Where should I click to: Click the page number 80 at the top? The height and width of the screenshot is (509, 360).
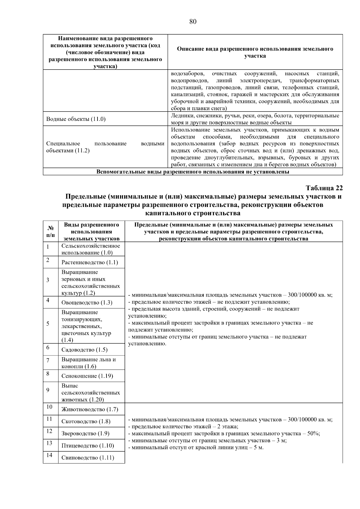(x=193, y=22)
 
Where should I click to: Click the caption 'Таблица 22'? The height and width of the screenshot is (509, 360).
(x=324, y=188)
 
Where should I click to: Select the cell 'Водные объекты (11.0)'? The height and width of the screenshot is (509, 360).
(x=76, y=119)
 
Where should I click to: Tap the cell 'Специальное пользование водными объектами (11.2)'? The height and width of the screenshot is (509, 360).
(x=105, y=147)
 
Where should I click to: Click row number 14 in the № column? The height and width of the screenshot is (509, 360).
(x=49, y=455)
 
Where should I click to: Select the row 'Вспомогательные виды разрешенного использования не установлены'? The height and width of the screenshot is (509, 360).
(x=193, y=172)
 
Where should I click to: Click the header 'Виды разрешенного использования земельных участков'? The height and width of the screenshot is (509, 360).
(x=91, y=232)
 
